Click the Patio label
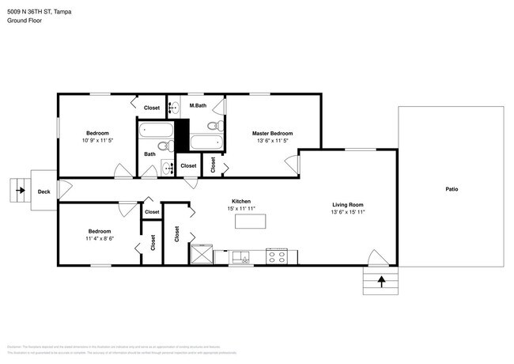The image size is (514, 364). [x=452, y=189]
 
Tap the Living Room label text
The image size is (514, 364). [x=347, y=204]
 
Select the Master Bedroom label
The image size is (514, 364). [x=272, y=133]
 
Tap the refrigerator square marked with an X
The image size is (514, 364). [x=201, y=255]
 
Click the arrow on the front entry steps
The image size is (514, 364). [x=381, y=280]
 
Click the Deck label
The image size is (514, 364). [x=43, y=191]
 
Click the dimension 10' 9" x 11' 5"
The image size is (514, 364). [x=97, y=140]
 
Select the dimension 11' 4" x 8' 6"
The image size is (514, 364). [x=100, y=237]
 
